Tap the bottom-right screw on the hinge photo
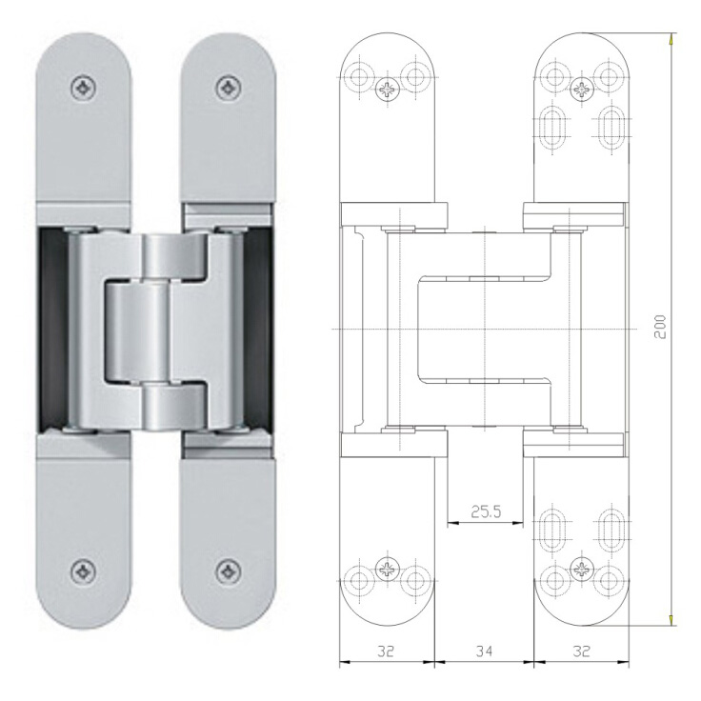pyautogui.click(x=229, y=571)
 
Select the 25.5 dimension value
pyautogui.click(x=485, y=511)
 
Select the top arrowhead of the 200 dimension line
pyautogui.click(x=672, y=40)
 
